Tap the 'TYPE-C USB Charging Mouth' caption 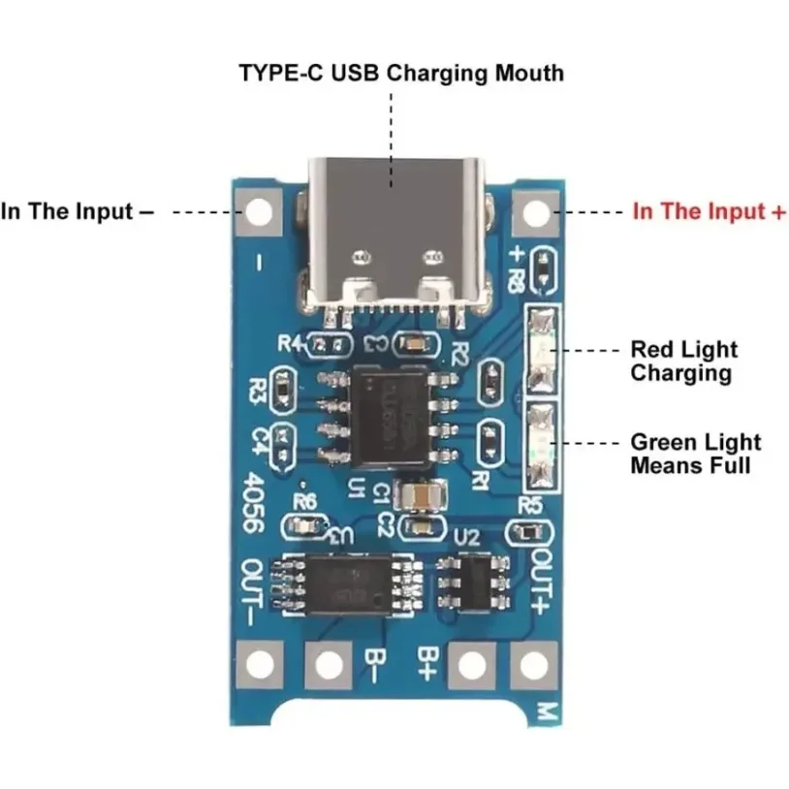[x=401, y=73]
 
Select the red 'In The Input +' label [x=709, y=211]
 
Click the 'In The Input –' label [x=78, y=211]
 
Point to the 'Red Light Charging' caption [x=683, y=361]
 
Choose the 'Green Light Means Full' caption [x=695, y=454]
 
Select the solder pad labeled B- [x=328, y=664]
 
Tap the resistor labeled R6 [x=308, y=525]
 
